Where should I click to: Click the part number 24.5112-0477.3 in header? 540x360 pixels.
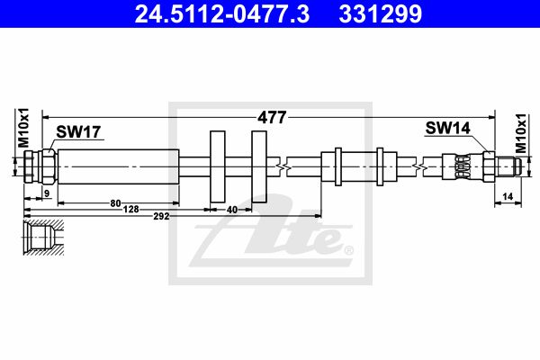[222, 14]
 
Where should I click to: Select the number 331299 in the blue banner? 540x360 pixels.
[381, 14]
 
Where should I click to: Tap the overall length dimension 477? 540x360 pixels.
[272, 118]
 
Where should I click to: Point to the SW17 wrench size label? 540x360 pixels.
[78, 131]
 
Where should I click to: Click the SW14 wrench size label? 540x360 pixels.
[447, 128]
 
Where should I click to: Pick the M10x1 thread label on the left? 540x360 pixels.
[23, 128]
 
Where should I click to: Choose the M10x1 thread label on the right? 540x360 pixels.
[521, 133]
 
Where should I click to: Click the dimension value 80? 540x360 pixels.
[116, 203]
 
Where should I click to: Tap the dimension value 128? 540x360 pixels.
[131, 209]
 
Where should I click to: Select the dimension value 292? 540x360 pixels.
[161, 216]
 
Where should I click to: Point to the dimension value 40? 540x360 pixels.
[232, 210]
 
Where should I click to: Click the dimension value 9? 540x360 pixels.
[47, 193]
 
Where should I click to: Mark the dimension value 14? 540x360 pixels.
[508, 197]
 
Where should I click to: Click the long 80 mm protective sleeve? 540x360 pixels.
[119, 166]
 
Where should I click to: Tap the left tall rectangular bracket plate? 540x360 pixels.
[218, 166]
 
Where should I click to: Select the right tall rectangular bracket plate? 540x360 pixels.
[259, 166]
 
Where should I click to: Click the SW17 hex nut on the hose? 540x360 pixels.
[49, 166]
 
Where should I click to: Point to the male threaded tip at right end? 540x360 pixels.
[508, 166]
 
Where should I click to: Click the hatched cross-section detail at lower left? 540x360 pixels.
[43, 237]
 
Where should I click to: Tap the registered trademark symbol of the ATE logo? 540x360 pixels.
[348, 250]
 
